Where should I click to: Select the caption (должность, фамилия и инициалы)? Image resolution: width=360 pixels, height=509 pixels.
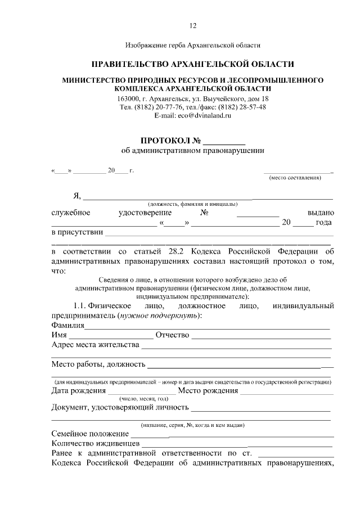[x=192, y=204]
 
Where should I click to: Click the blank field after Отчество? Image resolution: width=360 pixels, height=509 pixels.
[x=261, y=336]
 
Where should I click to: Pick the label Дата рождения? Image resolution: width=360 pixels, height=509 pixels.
[x=78, y=391]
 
